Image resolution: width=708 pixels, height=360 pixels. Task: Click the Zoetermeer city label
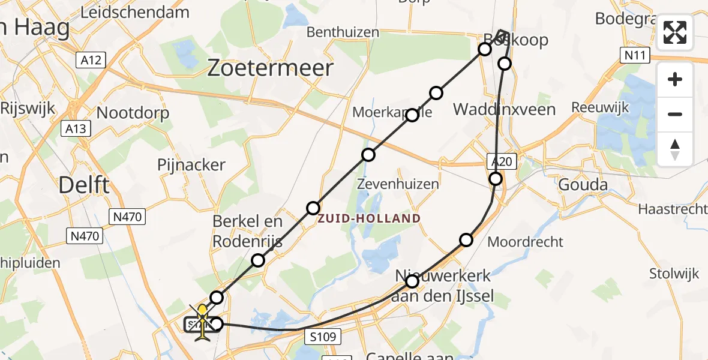point(269,68)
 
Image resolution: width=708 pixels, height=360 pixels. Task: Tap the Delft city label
point(85,185)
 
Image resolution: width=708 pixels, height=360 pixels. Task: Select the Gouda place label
point(583,184)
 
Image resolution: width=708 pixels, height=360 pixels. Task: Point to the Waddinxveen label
point(505,110)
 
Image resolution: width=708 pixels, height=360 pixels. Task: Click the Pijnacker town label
point(191,165)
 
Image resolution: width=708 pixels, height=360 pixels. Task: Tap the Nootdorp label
point(133,113)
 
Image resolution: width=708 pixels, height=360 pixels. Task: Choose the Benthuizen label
point(343,32)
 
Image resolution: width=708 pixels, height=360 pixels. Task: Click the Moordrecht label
point(525,242)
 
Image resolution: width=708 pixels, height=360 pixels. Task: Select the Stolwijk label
point(674,274)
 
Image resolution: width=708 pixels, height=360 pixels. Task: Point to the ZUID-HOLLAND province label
point(369,218)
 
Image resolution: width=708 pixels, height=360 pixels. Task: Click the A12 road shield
point(91,60)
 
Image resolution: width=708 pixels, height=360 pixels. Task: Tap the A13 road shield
point(76,128)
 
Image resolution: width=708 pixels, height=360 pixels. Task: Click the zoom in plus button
point(675,80)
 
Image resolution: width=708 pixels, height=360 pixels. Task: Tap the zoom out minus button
point(675,114)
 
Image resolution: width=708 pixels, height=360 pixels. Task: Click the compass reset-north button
point(675,148)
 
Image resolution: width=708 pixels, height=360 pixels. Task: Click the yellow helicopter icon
point(203,323)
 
